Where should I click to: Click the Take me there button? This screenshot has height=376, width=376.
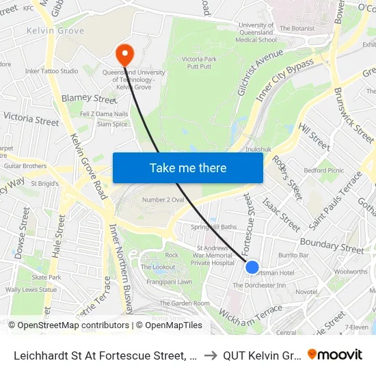188,167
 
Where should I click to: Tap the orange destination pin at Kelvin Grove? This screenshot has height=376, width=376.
125,53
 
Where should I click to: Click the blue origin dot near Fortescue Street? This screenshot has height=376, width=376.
252,267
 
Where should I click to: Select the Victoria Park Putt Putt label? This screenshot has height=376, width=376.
200,64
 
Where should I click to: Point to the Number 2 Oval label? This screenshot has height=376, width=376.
163,199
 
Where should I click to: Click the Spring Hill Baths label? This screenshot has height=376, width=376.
213,227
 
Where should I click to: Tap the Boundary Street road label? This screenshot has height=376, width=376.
332,245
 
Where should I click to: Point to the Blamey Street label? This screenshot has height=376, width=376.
89,99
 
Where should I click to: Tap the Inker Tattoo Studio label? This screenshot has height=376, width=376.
51,71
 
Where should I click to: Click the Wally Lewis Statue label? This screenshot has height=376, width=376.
31,290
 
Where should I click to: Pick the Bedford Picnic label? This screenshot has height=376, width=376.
324,170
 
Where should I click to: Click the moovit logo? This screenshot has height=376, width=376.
335,354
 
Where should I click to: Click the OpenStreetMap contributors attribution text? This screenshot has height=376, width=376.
69,325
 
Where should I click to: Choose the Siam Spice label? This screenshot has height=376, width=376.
113,124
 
